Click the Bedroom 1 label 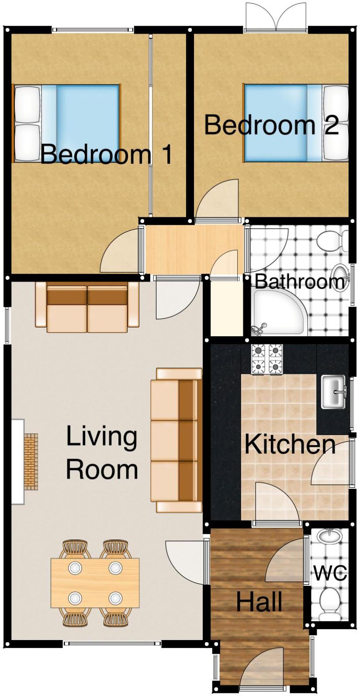pos(106,154)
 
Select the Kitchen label pos(290,444)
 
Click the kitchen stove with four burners pos(267,359)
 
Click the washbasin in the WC pos(328,536)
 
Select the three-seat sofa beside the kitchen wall pos(177,440)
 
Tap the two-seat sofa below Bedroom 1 pos(87,307)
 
